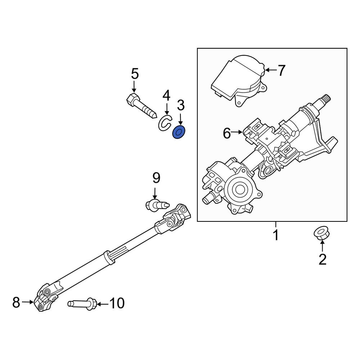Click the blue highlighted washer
click(x=179, y=132)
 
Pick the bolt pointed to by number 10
click(x=82, y=303)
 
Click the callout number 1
click(x=275, y=236)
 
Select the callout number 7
click(x=281, y=71)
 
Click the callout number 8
click(x=16, y=302)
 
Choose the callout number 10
click(x=116, y=303)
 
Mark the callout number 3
click(x=180, y=105)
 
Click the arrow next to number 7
click(x=270, y=70)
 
